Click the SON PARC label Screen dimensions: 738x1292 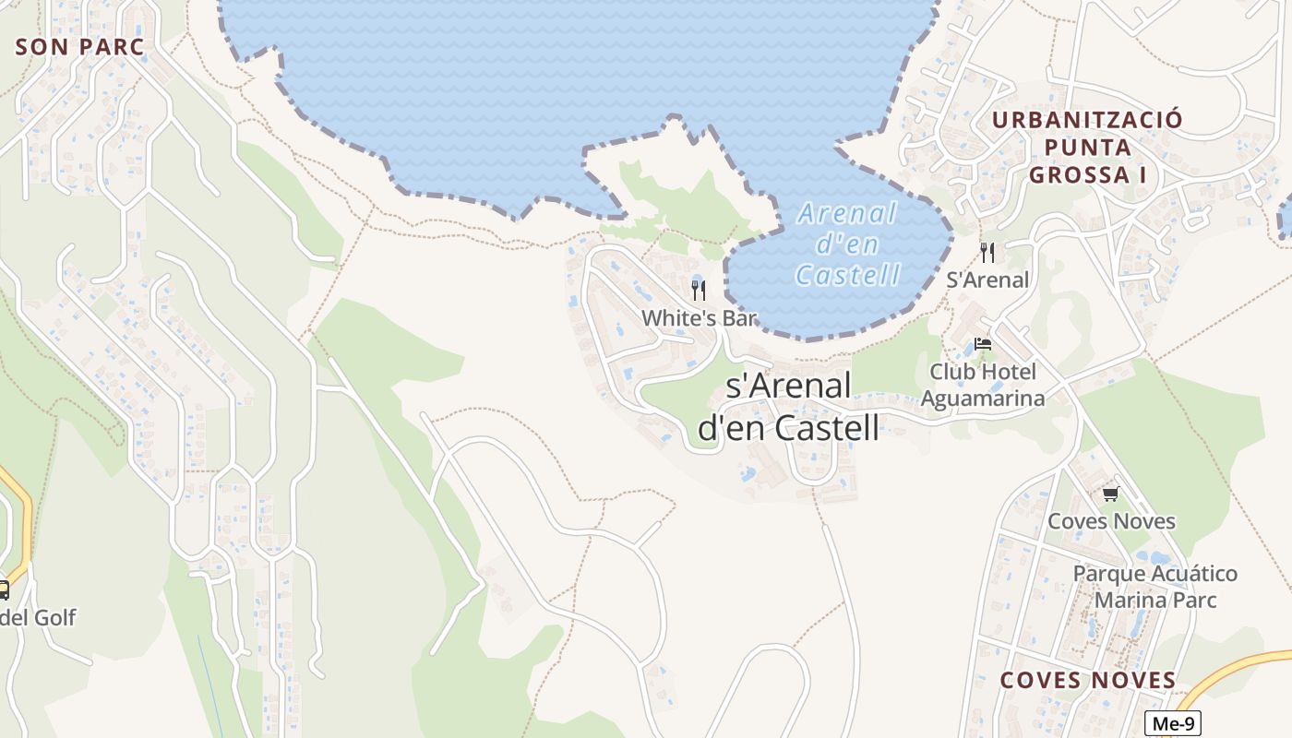pyautogui.click(x=81, y=47)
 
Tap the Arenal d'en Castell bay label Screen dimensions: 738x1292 pyautogui.click(x=847, y=244)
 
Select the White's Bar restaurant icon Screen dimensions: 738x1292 pyautogui.click(x=699, y=291)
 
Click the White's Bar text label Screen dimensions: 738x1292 pyautogui.click(x=699, y=318)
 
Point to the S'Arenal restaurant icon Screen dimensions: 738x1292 pyautogui.click(x=987, y=252)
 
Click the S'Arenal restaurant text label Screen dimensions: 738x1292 pyautogui.click(x=987, y=280)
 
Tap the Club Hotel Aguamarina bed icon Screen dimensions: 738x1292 pyautogui.click(x=983, y=345)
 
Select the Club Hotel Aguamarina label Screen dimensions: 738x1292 pyautogui.click(x=983, y=385)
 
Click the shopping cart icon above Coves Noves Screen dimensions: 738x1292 pyautogui.click(x=1110, y=494)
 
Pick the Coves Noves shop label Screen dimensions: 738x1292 pyautogui.click(x=1111, y=521)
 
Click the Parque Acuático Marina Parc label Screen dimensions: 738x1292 pyautogui.click(x=1154, y=587)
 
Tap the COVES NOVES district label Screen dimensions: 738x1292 pyautogui.click(x=1088, y=681)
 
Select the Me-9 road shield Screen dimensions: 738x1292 pyautogui.click(x=1172, y=724)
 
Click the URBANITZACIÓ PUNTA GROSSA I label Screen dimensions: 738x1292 pyautogui.click(x=1086, y=147)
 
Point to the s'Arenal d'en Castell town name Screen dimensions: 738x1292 pyautogui.click(x=788, y=407)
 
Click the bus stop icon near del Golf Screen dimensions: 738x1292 pyautogui.click(x=3, y=590)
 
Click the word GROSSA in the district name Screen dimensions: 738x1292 pyautogui.click(x=1081, y=174)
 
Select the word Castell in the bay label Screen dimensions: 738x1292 pyautogui.click(x=847, y=275)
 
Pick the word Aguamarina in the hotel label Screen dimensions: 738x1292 pyautogui.click(x=983, y=399)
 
